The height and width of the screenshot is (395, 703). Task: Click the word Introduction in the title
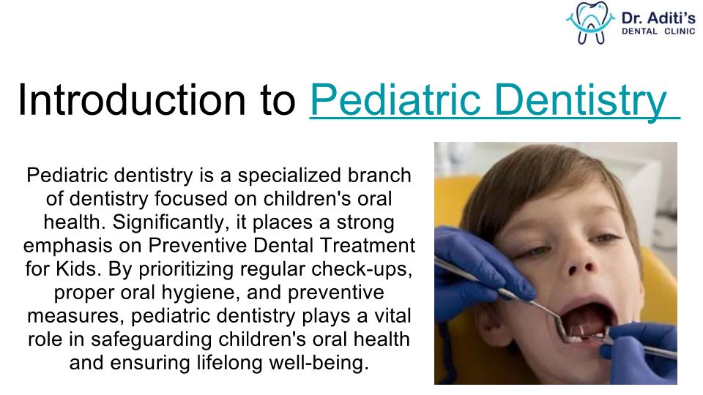tap(132, 99)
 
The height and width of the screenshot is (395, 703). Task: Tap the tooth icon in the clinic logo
tap(590, 23)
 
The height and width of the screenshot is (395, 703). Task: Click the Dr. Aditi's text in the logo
tap(658, 18)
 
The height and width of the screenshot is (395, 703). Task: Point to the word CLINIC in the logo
tap(680, 31)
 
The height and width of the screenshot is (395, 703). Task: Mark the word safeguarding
tap(151, 340)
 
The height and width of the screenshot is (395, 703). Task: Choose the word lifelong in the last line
tap(229, 364)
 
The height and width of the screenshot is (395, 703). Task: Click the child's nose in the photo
tap(581, 265)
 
